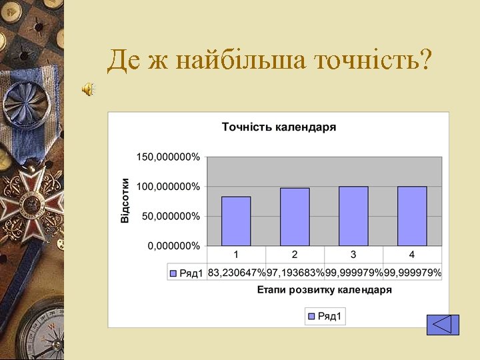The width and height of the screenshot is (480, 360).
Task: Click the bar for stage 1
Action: click(236, 221)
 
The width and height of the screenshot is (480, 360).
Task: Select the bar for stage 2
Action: click(295, 217)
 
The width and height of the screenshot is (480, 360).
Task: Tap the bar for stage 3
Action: click(353, 215)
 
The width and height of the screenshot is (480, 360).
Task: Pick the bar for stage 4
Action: click(412, 215)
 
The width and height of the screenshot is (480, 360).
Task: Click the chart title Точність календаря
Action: click(279, 127)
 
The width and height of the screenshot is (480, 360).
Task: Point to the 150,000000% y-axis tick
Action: click(168, 157)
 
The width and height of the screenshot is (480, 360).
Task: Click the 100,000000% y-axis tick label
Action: click(168, 187)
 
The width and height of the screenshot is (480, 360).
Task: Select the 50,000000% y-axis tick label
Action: click(170, 216)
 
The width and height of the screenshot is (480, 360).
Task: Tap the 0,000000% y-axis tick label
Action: click(173, 245)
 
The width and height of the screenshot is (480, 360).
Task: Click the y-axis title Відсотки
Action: click(125, 200)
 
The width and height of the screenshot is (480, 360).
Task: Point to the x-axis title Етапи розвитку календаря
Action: click(325, 290)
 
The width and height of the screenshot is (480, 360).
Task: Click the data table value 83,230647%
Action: click(236, 273)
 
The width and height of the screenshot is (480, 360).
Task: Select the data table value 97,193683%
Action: click(295, 273)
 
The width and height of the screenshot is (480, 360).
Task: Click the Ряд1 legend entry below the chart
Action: click(325, 316)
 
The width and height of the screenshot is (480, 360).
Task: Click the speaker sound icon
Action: click(88, 89)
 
